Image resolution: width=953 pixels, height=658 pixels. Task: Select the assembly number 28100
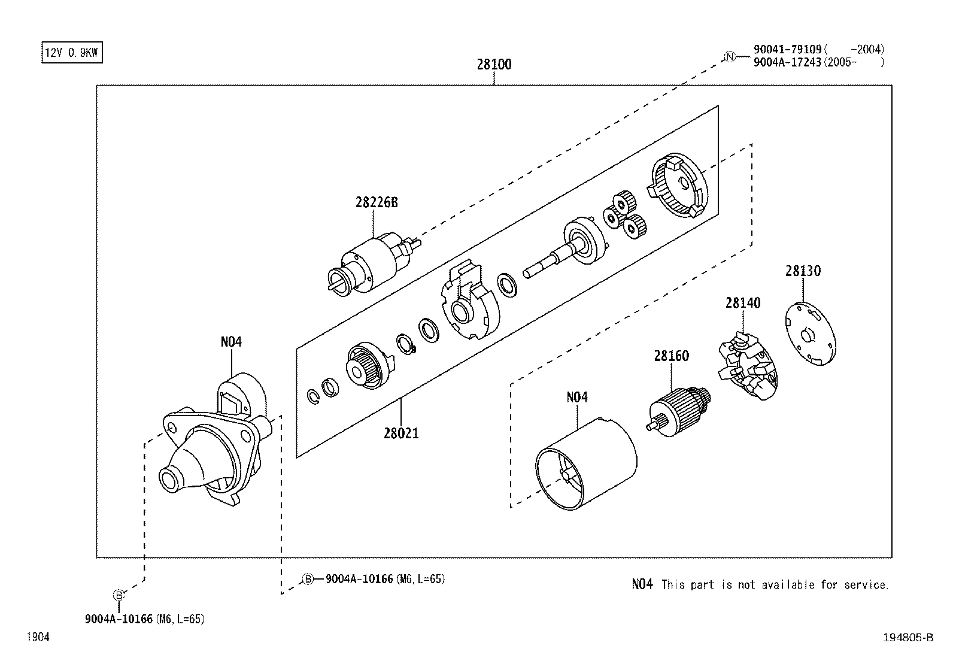point(494,65)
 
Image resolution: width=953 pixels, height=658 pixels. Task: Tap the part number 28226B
point(377,202)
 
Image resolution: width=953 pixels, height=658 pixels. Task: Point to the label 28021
point(401,433)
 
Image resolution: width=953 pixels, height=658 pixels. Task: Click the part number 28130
point(803,271)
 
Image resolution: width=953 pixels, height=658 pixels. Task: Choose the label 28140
point(743,304)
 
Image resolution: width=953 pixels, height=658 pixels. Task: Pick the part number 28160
point(671,356)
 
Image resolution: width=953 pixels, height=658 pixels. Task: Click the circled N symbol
point(729,57)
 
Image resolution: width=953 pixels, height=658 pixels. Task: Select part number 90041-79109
point(787,50)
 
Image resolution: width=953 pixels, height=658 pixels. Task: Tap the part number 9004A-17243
point(787,62)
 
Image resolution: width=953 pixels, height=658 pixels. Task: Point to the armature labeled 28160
point(679,407)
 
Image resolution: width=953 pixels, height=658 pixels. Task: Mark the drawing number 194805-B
point(908,638)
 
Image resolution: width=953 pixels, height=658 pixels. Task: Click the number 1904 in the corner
point(37,638)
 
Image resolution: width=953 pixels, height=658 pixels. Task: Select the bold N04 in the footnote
point(642,584)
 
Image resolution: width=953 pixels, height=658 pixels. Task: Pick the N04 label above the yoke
point(577,397)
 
